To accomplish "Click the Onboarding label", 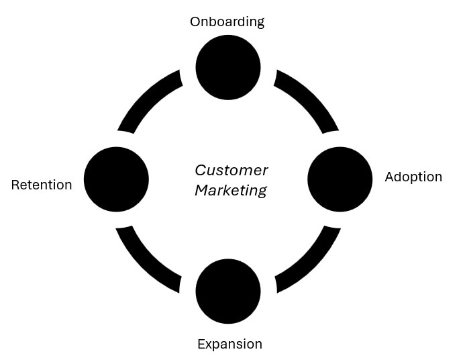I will pyautogui.click(x=227, y=21).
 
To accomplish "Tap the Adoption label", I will pyautogui.click(x=413, y=177).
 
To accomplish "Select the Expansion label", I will pyautogui.click(x=229, y=345).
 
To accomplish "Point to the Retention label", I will pyautogui.click(x=42, y=185).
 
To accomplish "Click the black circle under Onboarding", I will pyautogui.click(x=228, y=67).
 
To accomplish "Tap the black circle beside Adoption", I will pyautogui.click(x=340, y=179).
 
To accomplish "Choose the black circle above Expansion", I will pyautogui.click(x=228, y=291).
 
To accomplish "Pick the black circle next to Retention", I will pyautogui.click(x=116, y=179).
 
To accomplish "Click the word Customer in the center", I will pyautogui.click(x=231, y=171).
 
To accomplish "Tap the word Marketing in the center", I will pyautogui.click(x=231, y=191).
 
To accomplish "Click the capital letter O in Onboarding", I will pyautogui.click(x=195, y=21).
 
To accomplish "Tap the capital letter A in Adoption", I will pyautogui.click(x=390, y=177).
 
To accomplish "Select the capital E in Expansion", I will pyautogui.click(x=201, y=345).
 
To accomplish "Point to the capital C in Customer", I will pyautogui.click(x=200, y=171).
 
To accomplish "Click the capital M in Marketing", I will pyautogui.click(x=201, y=191).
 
